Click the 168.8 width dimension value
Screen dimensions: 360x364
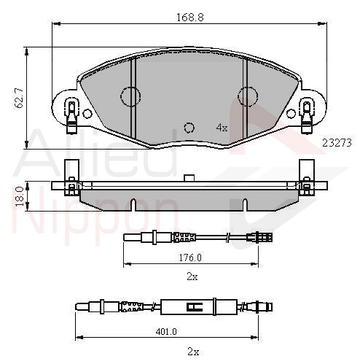coord(190,18)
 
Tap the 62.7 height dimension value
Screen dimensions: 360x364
coord(19,98)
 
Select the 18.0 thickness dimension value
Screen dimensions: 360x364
coord(20,196)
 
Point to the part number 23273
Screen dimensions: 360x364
coord(337,143)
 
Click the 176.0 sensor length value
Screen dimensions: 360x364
coord(190,257)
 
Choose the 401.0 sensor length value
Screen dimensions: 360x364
coord(166,331)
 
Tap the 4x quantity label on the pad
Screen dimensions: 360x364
coord(222,128)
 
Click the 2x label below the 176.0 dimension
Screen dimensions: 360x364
coord(192,276)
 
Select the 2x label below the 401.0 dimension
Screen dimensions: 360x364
coord(193,352)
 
